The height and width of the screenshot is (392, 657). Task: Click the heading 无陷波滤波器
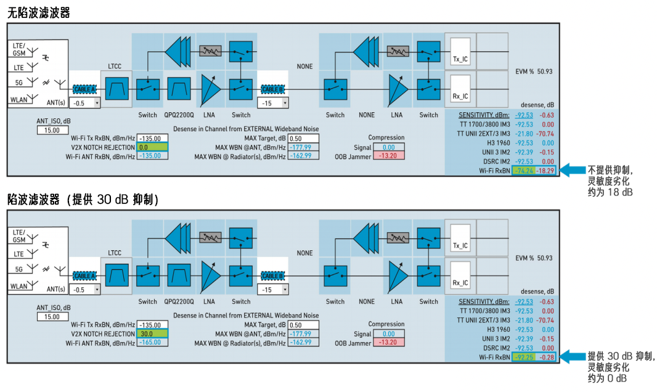point(39,12)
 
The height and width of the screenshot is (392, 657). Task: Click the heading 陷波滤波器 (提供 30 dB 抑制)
point(83,200)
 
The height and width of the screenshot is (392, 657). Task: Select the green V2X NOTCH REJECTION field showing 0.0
point(152,147)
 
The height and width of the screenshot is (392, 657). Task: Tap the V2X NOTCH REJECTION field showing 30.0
point(152,333)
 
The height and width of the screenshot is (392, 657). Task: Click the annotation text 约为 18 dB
point(610,192)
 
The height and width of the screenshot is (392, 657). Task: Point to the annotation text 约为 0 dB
point(608,378)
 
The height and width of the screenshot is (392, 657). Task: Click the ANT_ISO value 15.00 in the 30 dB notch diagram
point(52,317)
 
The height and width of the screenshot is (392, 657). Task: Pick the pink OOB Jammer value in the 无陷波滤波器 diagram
point(388,157)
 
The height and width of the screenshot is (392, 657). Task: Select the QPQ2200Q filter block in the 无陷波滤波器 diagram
point(179,89)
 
